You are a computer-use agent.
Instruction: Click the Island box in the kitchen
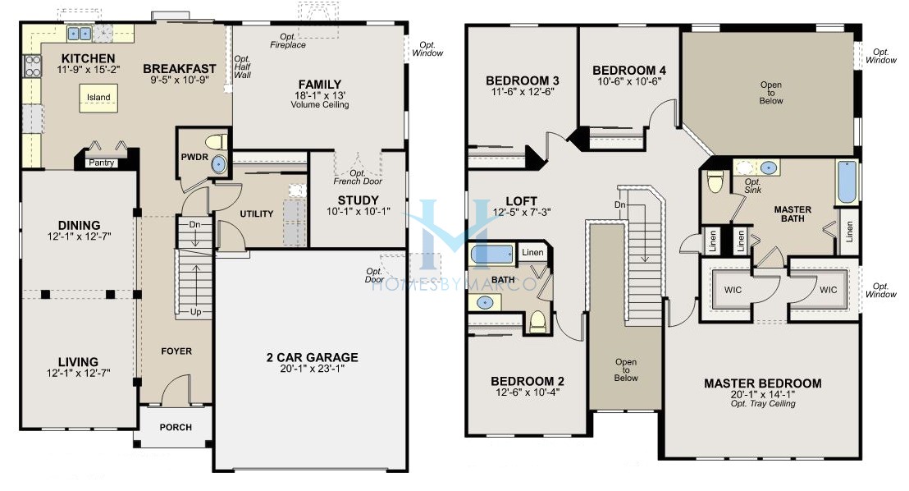pyautogui.click(x=98, y=98)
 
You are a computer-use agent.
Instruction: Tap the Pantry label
pyautogui.click(x=102, y=163)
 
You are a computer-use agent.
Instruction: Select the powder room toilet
pyautogui.click(x=215, y=140)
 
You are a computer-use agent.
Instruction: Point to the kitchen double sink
pyautogui.click(x=80, y=34)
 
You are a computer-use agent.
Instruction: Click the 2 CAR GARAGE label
pyautogui.click(x=312, y=357)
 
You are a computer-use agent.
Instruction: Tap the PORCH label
pyautogui.click(x=176, y=427)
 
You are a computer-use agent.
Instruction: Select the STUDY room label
pyautogui.click(x=359, y=200)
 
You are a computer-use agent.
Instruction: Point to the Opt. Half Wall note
pyautogui.click(x=243, y=67)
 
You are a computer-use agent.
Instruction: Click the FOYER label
pyautogui.click(x=176, y=351)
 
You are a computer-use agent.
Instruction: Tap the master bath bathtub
pyautogui.click(x=847, y=182)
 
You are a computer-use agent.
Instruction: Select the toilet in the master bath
pyautogui.click(x=715, y=181)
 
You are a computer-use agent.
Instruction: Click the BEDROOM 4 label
pyautogui.click(x=629, y=71)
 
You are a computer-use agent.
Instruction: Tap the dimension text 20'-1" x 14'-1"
pyautogui.click(x=762, y=394)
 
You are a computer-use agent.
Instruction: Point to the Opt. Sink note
pyautogui.click(x=753, y=185)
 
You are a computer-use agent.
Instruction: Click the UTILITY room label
pyautogui.click(x=256, y=213)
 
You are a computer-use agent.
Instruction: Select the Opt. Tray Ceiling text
pyautogui.click(x=762, y=404)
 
